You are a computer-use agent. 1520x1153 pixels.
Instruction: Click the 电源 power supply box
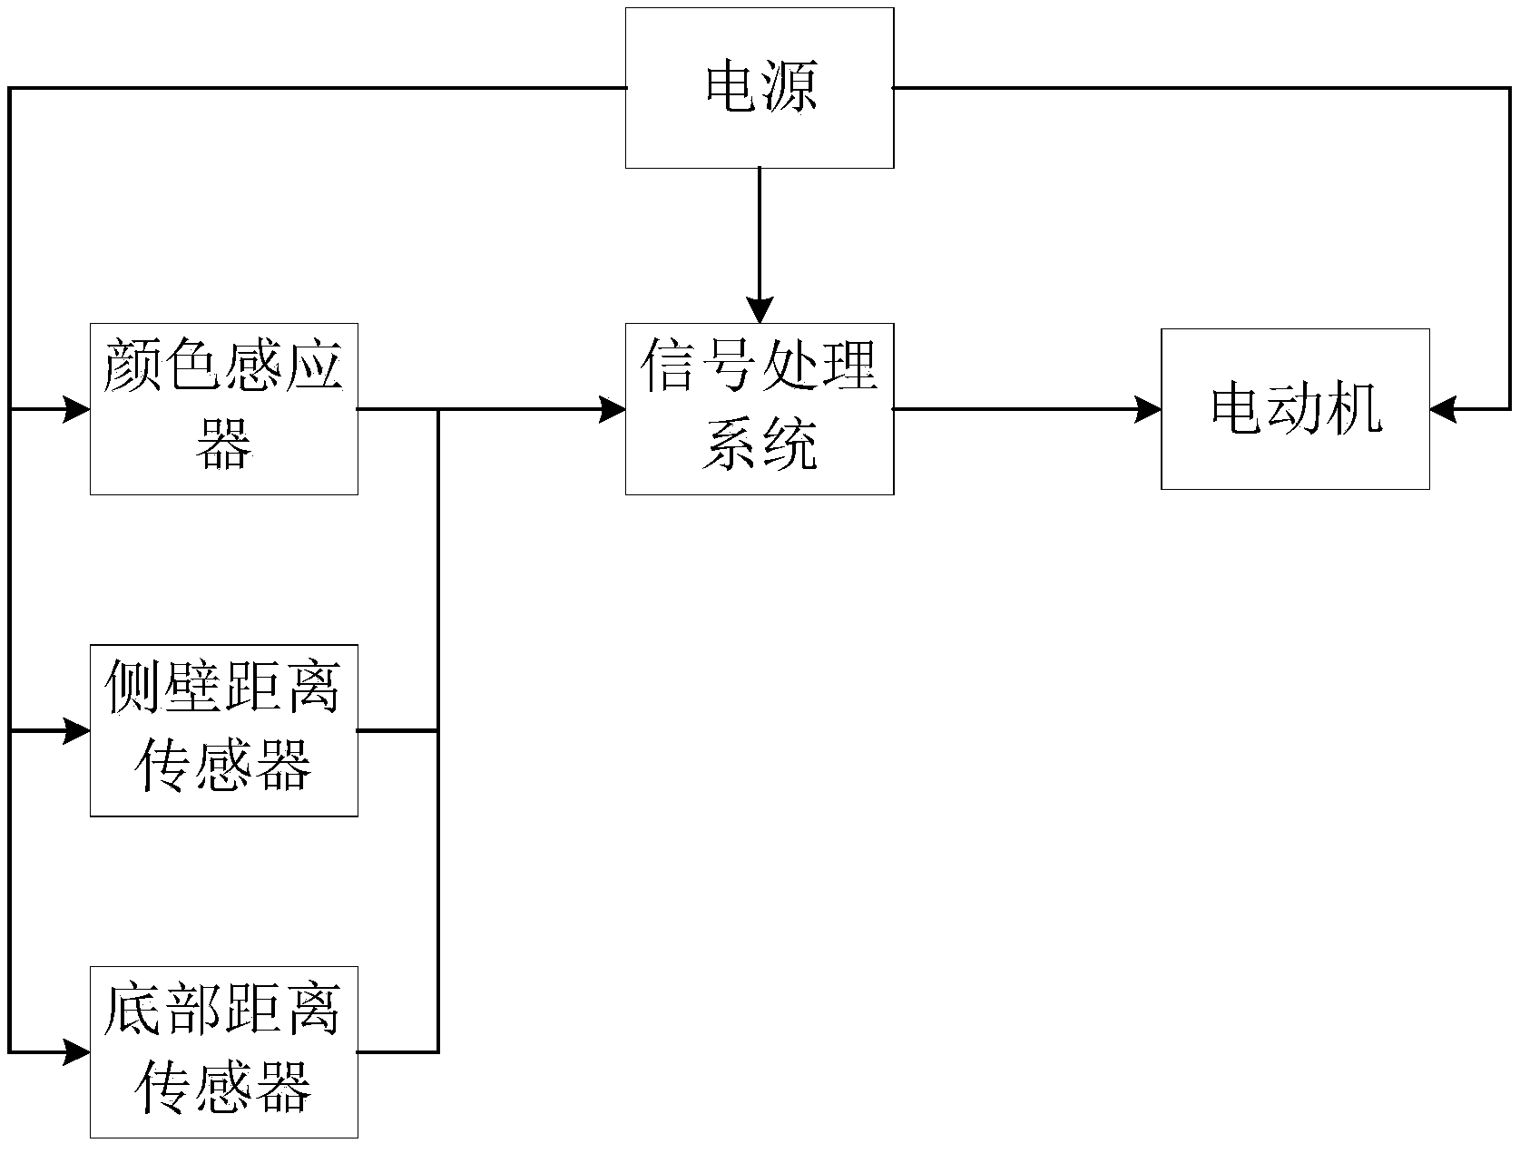[x=760, y=88]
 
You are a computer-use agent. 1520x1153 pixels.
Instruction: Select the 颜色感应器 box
[x=224, y=409]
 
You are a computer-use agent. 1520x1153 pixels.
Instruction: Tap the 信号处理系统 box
[x=760, y=409]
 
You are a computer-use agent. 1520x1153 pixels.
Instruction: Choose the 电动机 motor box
[x=1295, y=409]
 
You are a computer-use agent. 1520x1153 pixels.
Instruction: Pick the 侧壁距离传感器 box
[x=224, y=730]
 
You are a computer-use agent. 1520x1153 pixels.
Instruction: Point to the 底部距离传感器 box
[x=224, y=1052]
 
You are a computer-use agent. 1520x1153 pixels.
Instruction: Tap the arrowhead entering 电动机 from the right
[x=1443, y=409]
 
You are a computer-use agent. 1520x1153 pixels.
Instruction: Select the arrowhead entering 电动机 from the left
[x=1150, y=409]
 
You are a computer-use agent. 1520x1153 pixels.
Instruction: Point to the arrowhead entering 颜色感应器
[x=78, y=409]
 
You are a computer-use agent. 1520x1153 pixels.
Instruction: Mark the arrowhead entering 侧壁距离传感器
[x=78, y=730]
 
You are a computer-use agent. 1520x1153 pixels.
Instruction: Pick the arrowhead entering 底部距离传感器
[x=78, y=1052]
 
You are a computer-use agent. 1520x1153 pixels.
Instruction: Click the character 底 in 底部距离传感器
[x=135, y=1011]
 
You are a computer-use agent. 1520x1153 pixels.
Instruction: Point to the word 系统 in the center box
[x=760, y=445]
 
